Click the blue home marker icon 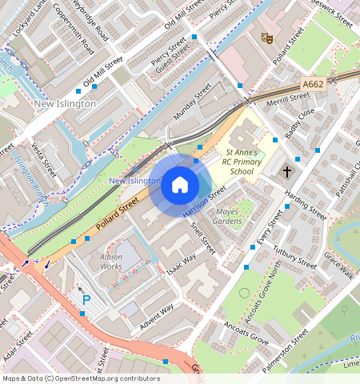tap(180, 186)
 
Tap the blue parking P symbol tap(86, 299)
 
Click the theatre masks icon tap(267, 37)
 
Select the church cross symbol tap(287, 171)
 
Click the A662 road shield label tap(313, 84)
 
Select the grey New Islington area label tap(65, 103)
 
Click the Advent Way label tap(156, 314)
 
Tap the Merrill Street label tap(289, 98)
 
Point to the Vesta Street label tap(45, 158)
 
